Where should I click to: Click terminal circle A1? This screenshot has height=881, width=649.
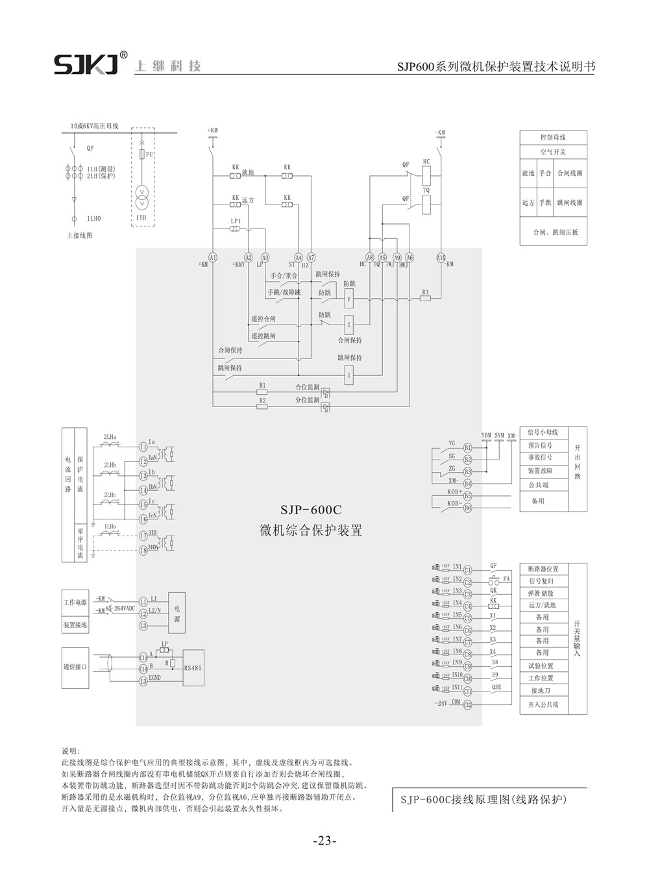click(213, 257)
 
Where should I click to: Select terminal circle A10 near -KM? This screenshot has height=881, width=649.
click(441, 257)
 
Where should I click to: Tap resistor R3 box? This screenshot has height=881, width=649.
click(425, 299)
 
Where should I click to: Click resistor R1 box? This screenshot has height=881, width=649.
click(262, 392)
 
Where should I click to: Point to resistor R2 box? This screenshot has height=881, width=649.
click(262, 407)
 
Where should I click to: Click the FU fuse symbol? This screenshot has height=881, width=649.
click(141, 155)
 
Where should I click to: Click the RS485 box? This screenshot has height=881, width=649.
click(193, 667)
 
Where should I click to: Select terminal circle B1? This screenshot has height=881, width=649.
click(467, 448)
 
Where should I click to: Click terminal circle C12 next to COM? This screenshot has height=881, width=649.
click(467, 704)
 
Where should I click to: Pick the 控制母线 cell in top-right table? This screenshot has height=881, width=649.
click(553, 138)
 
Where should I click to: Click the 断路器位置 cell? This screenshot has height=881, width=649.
click(543, 569)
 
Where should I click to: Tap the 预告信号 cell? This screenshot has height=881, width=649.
click(540, 446)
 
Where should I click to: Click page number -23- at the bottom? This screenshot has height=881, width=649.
click(324, 841)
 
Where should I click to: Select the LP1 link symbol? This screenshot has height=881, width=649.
click(236, 229)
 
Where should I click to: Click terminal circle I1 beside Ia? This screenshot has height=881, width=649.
click(143, 447)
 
